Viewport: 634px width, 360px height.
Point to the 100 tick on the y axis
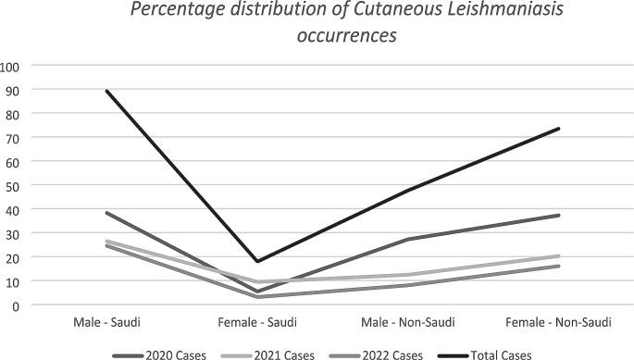[x=12, y=66]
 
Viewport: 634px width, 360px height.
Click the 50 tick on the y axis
[x=12, y=185]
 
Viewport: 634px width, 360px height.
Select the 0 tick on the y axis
[x=16, y=304]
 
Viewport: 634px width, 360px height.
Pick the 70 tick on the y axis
[x=12, y=137]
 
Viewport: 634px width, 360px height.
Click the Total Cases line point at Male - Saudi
[x=107, y=91]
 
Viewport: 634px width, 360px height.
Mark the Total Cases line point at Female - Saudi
[x=257, y=261]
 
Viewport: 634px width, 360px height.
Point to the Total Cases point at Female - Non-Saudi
[x=558, y=129]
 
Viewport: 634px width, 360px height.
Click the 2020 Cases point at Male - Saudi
[x=107, y=213]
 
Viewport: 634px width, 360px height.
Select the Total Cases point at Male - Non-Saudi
[x=408, y=190]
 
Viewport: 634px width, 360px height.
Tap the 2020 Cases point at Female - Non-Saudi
[x=558, y=216]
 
